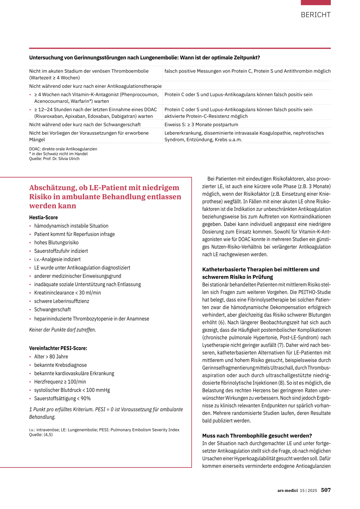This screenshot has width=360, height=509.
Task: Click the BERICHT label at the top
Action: pos(316,15)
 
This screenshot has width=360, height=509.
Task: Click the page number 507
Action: pos(326,490)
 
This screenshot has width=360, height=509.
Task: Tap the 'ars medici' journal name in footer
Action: pos(287,490)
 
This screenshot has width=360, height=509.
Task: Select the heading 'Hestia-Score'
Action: pos(44,218)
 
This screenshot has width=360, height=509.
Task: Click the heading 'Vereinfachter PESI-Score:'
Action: pos(58,348)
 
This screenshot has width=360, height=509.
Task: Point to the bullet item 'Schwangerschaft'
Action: pos(52,310)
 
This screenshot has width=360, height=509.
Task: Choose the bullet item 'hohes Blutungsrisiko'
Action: pos(56,243)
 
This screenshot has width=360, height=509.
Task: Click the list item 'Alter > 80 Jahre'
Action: pos(51,357)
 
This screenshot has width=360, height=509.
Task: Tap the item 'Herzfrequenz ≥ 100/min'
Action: pos(60,382)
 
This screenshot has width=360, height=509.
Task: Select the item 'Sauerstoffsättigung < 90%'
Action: pos(62,399)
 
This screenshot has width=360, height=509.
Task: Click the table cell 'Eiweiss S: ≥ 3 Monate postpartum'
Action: pos(201,124)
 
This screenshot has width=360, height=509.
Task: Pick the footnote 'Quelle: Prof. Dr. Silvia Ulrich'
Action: pos(54,159)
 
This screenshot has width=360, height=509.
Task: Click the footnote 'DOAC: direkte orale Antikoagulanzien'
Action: pos(63,149)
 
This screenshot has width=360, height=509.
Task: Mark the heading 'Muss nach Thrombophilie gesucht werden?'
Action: pos(257,436)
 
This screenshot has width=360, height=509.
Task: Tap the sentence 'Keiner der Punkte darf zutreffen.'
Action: pos(63,330)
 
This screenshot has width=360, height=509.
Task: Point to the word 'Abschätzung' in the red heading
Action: pos(53,188)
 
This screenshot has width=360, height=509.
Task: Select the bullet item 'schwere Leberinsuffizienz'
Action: pos(62,301)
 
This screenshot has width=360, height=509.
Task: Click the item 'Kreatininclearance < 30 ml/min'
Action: pos(67,293)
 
